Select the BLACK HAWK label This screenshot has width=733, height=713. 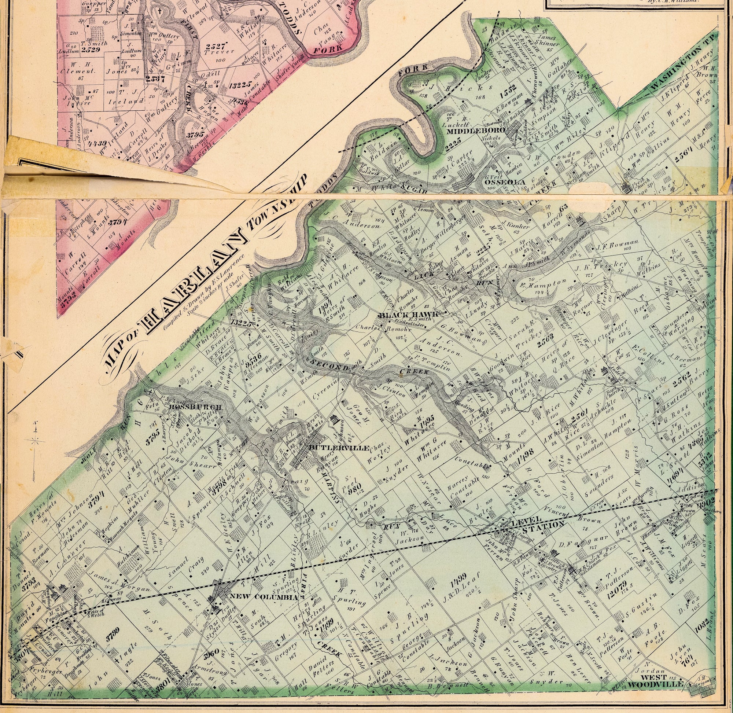(x=409, y=315)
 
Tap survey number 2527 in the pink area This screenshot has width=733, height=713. (x=216, y=46)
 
